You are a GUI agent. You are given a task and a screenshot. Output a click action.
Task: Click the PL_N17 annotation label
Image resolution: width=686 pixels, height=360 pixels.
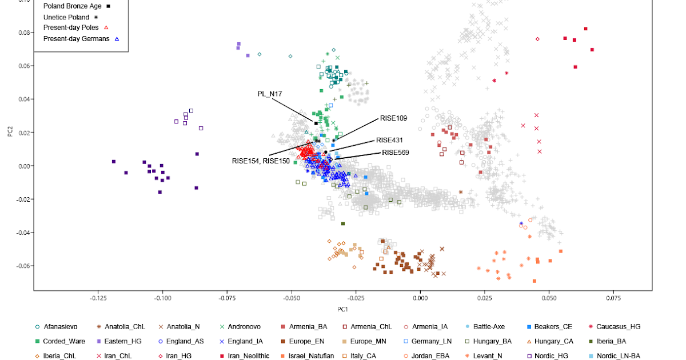point(270,94)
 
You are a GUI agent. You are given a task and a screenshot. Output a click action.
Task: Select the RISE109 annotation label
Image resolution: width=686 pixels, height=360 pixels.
point(393,119)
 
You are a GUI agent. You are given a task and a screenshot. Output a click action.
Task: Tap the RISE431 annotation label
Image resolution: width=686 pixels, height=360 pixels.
point(389,140)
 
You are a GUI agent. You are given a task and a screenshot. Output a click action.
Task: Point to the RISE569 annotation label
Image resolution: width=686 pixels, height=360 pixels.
point(396,153)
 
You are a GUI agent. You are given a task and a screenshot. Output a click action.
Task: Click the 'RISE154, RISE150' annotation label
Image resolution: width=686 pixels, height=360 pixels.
point(261,161)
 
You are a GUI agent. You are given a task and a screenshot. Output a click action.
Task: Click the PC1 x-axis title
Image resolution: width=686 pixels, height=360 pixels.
point(342,310)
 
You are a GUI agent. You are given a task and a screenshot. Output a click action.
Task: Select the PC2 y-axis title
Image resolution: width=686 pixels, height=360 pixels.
point(10,133)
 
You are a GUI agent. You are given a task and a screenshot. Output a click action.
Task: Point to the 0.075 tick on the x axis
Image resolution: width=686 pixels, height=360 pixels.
point(613,298)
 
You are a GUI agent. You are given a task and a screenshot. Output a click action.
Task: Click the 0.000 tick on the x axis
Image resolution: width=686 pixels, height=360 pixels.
point(420,298)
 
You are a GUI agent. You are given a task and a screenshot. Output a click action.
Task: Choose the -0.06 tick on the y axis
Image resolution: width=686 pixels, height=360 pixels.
point(23,266)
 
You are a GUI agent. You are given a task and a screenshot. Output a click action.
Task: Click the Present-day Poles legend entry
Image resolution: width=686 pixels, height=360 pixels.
point(71,27)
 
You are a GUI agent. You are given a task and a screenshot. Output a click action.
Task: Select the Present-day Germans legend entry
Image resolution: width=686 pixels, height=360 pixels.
point(76,38)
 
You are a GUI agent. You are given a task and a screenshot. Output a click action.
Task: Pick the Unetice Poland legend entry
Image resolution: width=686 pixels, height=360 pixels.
point(66,17)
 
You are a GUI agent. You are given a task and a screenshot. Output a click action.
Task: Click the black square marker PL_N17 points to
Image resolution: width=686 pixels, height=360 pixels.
point(316,123)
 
